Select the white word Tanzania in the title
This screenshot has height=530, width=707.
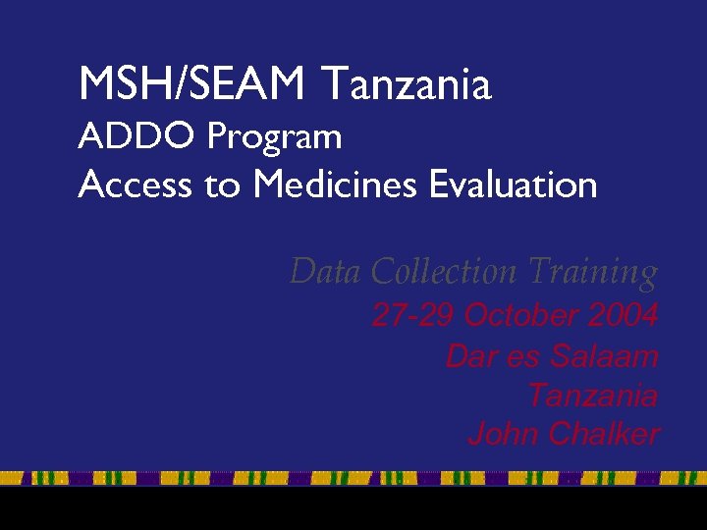click(406, 84)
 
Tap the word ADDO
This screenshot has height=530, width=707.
click(137, 136)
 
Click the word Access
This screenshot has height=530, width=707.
click(135, 185)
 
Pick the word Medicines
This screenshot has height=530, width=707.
click(337, 185)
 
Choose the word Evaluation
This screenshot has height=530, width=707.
click(514, 185)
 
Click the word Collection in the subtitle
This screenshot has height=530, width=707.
click(446, 271)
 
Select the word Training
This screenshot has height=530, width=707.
click(592, 272)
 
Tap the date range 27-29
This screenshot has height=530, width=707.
click(412, 316)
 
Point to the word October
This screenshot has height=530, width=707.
click(520, 316)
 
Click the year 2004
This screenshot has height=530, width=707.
click(623, 316)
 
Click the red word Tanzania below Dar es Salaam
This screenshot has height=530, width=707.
click(592, 395)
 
